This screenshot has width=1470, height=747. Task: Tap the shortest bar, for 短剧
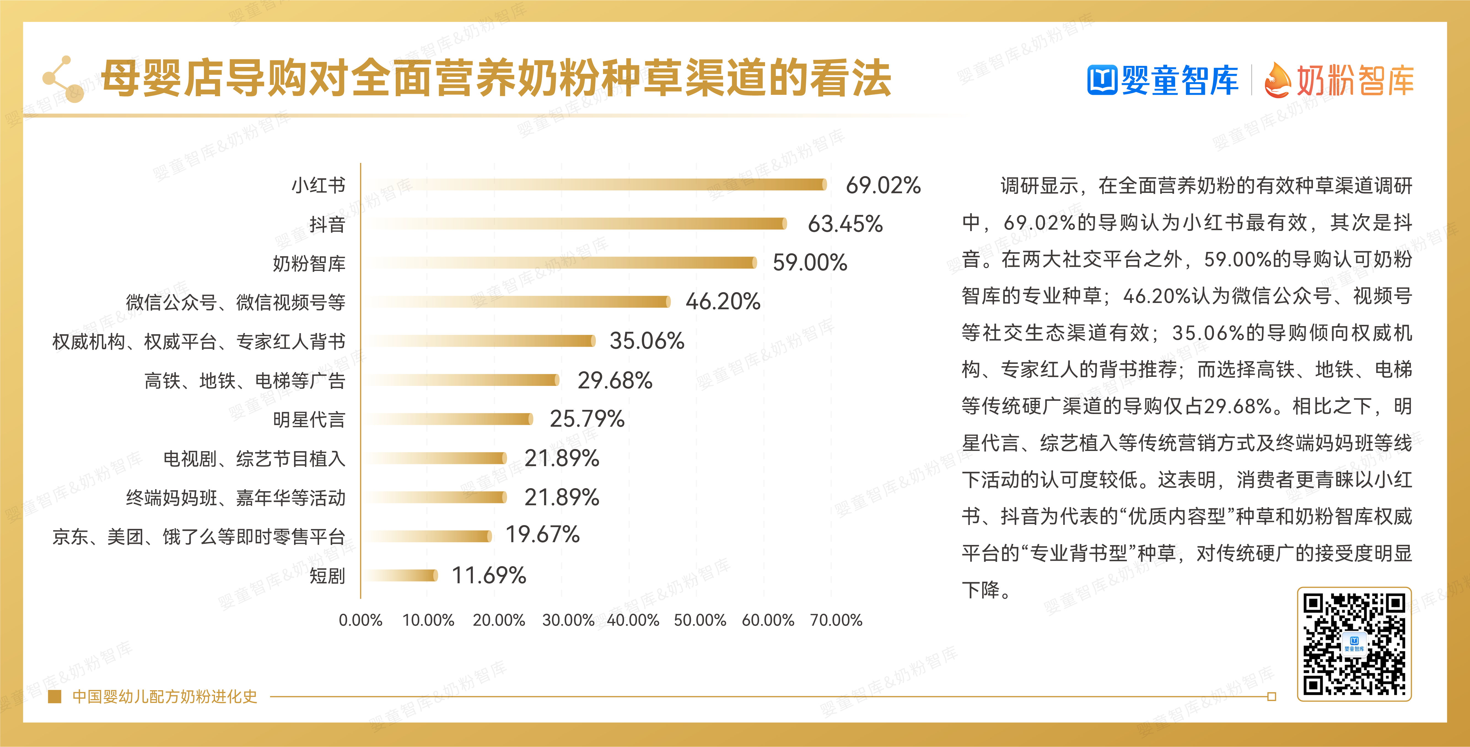[402, 575]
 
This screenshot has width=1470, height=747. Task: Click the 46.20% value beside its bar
[722, 301]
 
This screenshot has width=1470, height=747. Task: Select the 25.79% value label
[587, 419]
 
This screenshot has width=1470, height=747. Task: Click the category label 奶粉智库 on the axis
[309, 263]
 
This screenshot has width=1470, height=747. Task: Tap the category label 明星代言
[309, 420]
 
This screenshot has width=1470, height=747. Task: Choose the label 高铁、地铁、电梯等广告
[244, 381]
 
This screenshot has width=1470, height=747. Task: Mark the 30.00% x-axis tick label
[568, 620]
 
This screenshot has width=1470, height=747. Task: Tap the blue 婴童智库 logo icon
[1101, 80]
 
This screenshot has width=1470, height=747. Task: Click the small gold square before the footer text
[55, 696]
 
